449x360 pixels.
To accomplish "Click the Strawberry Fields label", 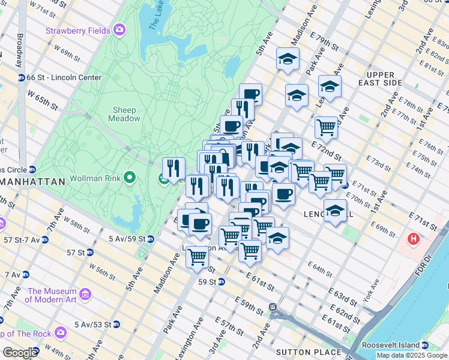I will (78, 29).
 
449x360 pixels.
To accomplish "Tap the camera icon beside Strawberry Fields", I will (120, 29).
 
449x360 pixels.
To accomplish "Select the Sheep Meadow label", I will (124, 114).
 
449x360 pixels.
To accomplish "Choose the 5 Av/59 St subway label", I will (127, 239).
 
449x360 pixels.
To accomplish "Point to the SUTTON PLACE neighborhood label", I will (308, 352).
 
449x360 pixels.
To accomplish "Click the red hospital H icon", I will (413, 239).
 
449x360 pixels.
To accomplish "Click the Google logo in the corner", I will (20, 353).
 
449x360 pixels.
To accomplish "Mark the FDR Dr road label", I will (427, 262).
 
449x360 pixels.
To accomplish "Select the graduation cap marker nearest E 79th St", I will (288, 59).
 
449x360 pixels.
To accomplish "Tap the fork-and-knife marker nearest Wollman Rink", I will (173, 168).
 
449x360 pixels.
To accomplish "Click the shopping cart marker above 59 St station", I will (197, 257).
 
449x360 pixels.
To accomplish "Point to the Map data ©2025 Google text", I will (412, 355).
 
